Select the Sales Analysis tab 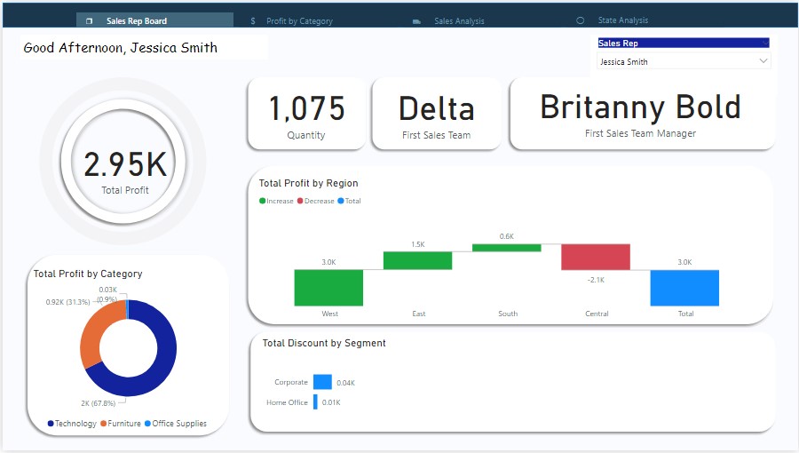pyautogui.click(x=458, y=20)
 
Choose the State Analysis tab pyautogui.click(x=622, y=20)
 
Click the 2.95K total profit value pyautogui.click(x=125, y=164)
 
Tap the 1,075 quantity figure pyautogui.click(x=306, y=109)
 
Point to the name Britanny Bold pyautogui.click(x=640, y=107)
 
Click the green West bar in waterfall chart pyautogui.click(x=328, y=288)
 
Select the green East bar pyautogui.click(x=417, y=260)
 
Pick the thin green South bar pyautogui.click(x=507, y=248)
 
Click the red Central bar pyautogui.click(x=596, y=257)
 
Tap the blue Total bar pyautogui.click(x=684, y=288)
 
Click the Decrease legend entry pyautogui.click(x=318, y=202)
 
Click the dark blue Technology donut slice pyautogui.click(x=160, y=355)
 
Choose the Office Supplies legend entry pyautogui.click(x=178, y=424)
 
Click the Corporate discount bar pyautogui.click(x=322, y=382)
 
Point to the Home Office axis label pyautogui.click(x=287, y=402)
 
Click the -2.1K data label pyautogui.click(x=596, y=280)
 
